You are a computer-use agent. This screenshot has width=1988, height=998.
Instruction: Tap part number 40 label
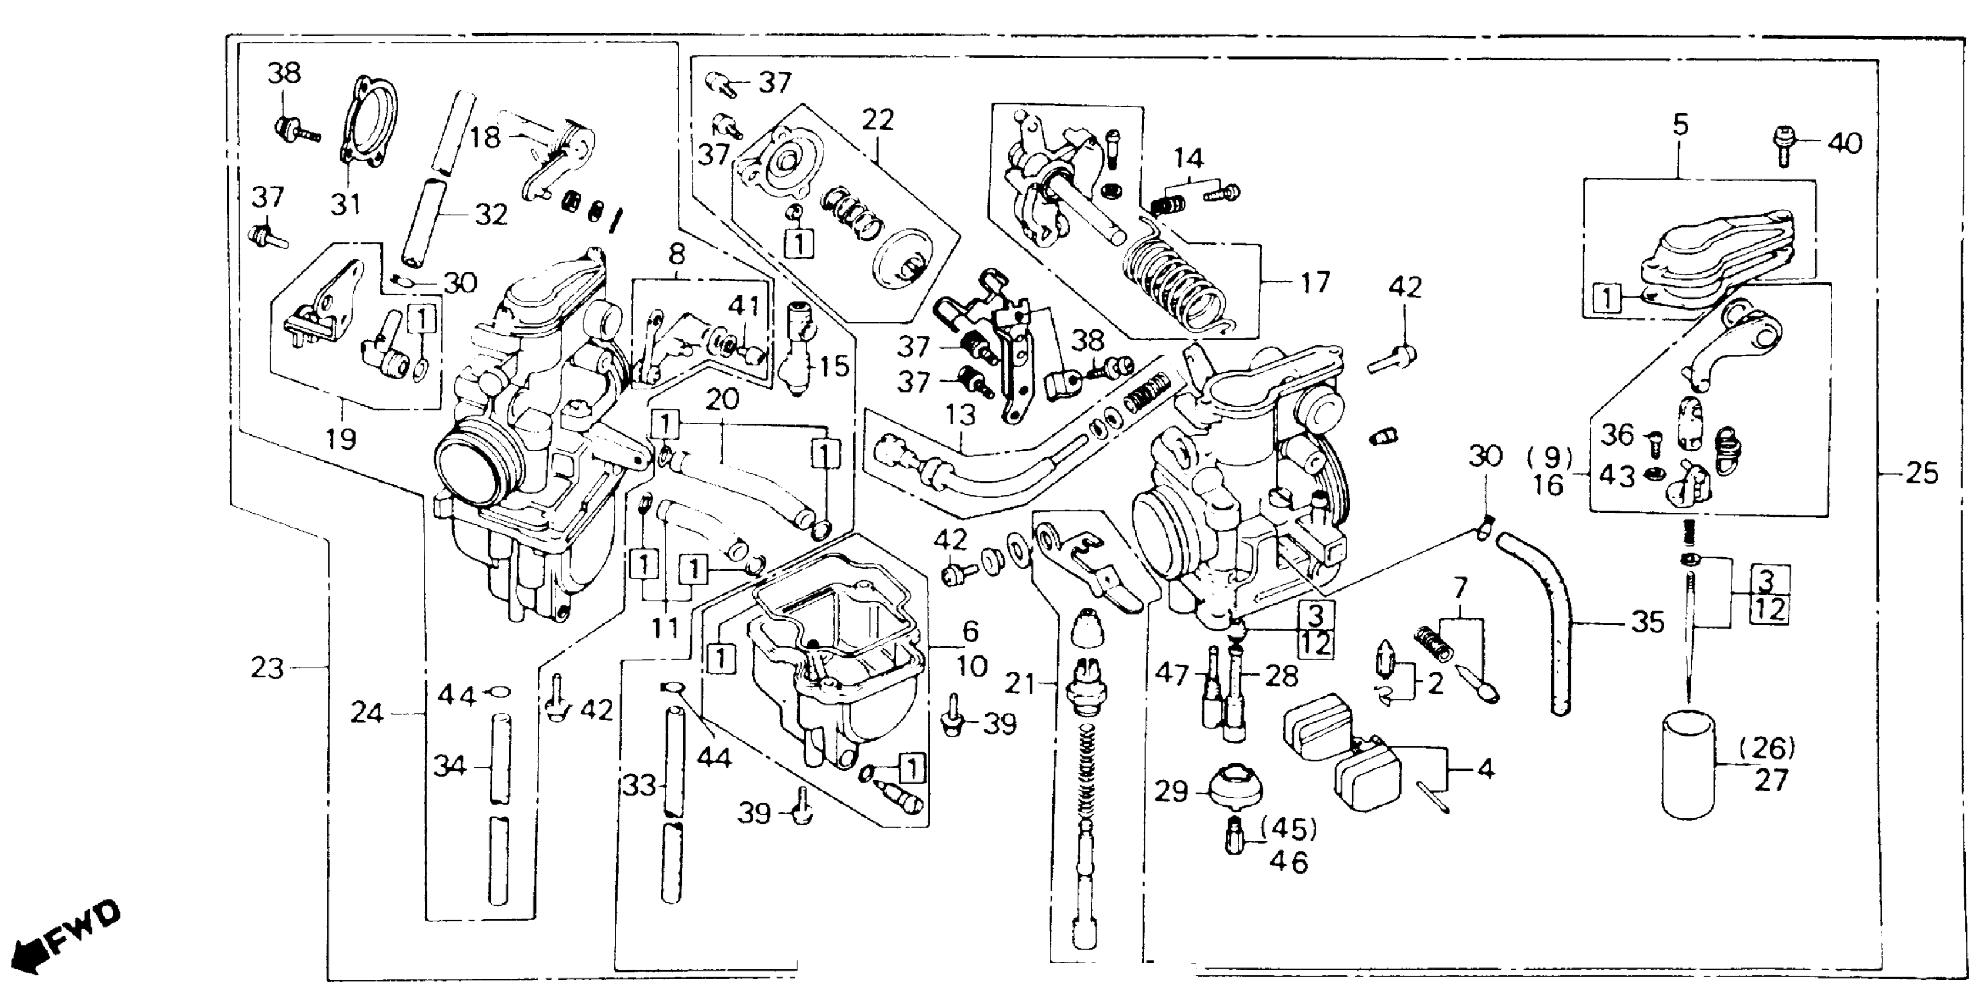point(1845,143)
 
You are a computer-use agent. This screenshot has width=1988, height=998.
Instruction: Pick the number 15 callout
point(834,366)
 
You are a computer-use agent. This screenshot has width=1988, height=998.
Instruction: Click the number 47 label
point(1172,675)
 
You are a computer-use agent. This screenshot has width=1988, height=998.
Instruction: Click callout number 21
point(1020,683)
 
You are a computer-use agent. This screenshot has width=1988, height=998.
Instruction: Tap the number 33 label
point(640,786)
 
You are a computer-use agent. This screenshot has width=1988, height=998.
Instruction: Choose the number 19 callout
point(340,439)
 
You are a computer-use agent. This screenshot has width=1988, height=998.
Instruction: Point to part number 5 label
point(1681,126)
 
